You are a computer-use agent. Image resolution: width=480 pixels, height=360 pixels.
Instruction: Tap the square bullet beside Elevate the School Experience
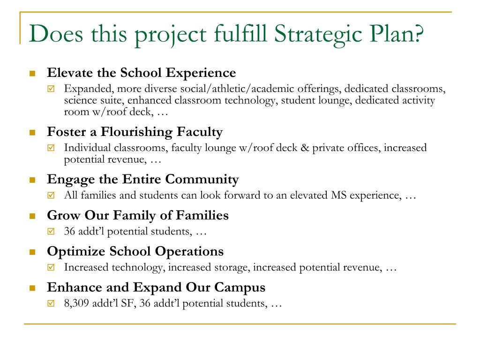32,74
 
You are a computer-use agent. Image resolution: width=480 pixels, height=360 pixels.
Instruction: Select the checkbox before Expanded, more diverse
51,89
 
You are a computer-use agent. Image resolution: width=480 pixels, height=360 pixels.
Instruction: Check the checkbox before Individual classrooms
51,148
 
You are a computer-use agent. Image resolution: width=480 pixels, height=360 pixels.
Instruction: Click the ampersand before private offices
305,148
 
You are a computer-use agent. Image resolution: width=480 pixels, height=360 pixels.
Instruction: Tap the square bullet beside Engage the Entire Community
32,180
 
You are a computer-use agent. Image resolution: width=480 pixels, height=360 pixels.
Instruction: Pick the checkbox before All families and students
51,195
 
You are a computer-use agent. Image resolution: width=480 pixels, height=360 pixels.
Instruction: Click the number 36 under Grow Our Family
69,231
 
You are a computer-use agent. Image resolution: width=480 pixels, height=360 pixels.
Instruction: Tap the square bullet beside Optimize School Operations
32,252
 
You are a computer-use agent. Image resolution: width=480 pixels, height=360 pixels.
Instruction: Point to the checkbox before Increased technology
51,267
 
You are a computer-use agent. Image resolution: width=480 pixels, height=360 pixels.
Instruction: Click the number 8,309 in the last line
76,303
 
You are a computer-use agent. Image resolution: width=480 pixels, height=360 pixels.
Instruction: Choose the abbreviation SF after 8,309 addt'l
128,303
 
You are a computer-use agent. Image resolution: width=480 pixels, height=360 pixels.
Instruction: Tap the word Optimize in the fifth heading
76,252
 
